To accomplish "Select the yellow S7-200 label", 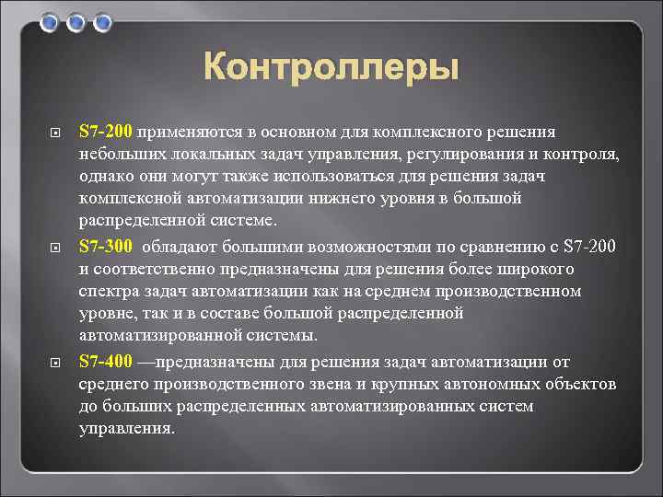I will tap(107, 132).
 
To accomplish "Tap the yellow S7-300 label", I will tap(107, 246).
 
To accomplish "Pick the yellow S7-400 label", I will tap(107, 360).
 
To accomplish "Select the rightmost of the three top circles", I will tap(102, 21).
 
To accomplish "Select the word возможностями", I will tap(345, 246).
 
